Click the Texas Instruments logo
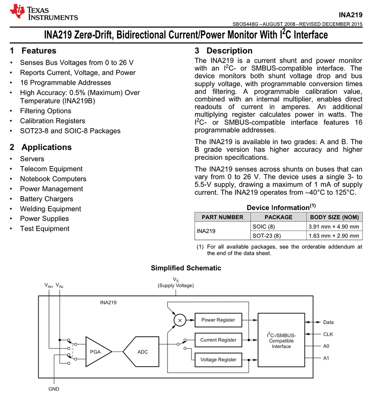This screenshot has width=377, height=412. (44, 12)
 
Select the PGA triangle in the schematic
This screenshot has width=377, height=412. (96, 352)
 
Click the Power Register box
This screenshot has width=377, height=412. (218, 320)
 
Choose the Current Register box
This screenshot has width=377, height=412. (218, 340)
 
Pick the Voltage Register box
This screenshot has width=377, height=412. (218, 360)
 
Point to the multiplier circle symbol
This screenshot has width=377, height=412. (179, 320)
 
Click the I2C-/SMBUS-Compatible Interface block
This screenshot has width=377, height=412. (281, 340)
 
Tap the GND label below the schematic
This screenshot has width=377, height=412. (54, 389)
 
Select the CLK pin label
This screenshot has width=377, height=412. (328, 335)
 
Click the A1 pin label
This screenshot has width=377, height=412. (326, 358)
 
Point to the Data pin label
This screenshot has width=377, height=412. (328, 323)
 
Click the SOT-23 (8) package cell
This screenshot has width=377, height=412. (266, 236)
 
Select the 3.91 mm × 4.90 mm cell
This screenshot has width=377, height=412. (334, 227)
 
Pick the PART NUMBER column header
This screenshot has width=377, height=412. (222, 217)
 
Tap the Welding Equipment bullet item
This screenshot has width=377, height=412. (51, 209)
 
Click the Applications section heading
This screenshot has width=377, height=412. (46, 147)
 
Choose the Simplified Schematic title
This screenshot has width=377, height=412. (186, 268)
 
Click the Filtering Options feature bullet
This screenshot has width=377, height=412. (45, 111)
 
